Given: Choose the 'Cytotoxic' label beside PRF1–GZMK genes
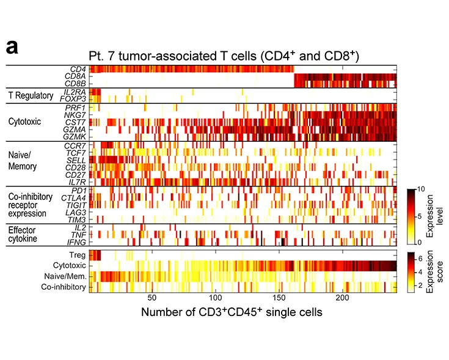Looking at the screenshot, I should click(24, 122).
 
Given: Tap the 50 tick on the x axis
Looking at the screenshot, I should click(153, 298).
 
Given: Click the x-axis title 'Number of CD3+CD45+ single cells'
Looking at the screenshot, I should click(232, 312).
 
